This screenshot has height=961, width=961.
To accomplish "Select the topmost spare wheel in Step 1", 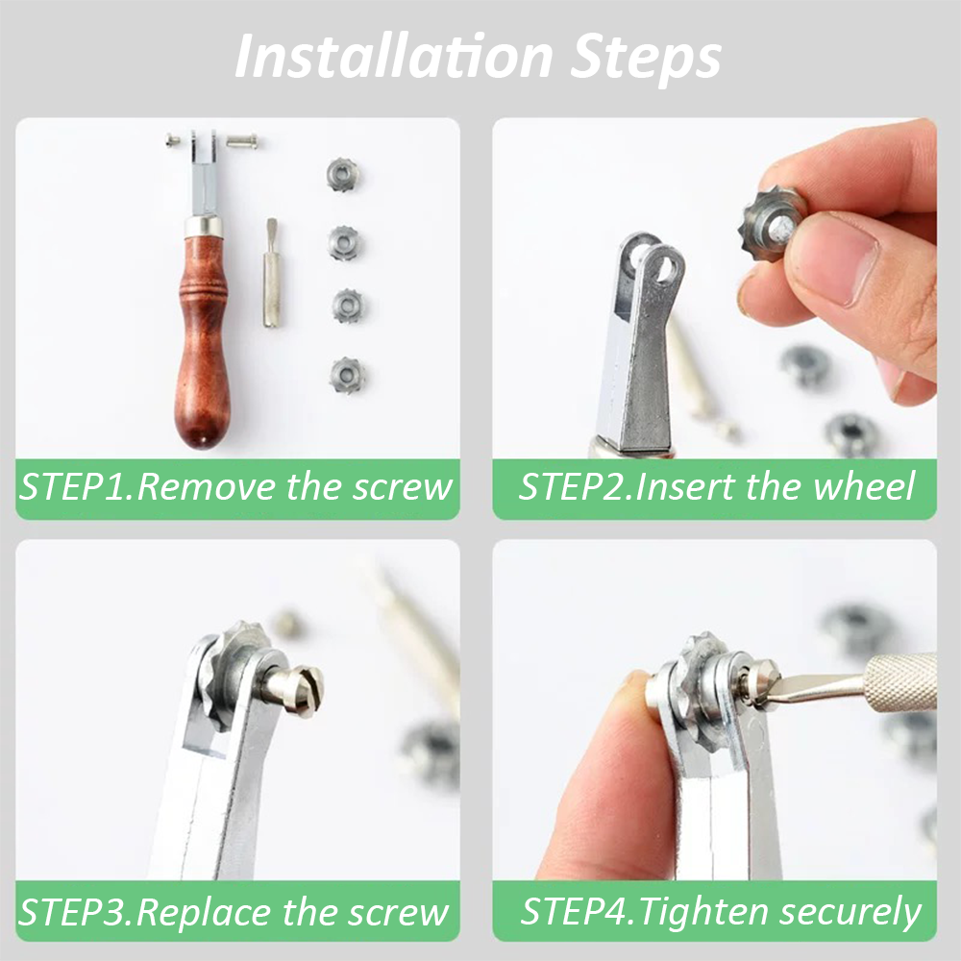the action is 343,174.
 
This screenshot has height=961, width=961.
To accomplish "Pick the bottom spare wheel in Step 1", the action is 348,375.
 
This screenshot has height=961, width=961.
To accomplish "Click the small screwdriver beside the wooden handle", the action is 271,273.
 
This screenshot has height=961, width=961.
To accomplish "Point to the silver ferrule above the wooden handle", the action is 203,226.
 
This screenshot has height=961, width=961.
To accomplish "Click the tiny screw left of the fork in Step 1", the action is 172,141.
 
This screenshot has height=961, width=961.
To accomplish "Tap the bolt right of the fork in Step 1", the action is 242,142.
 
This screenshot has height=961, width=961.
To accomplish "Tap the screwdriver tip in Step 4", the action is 764,695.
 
